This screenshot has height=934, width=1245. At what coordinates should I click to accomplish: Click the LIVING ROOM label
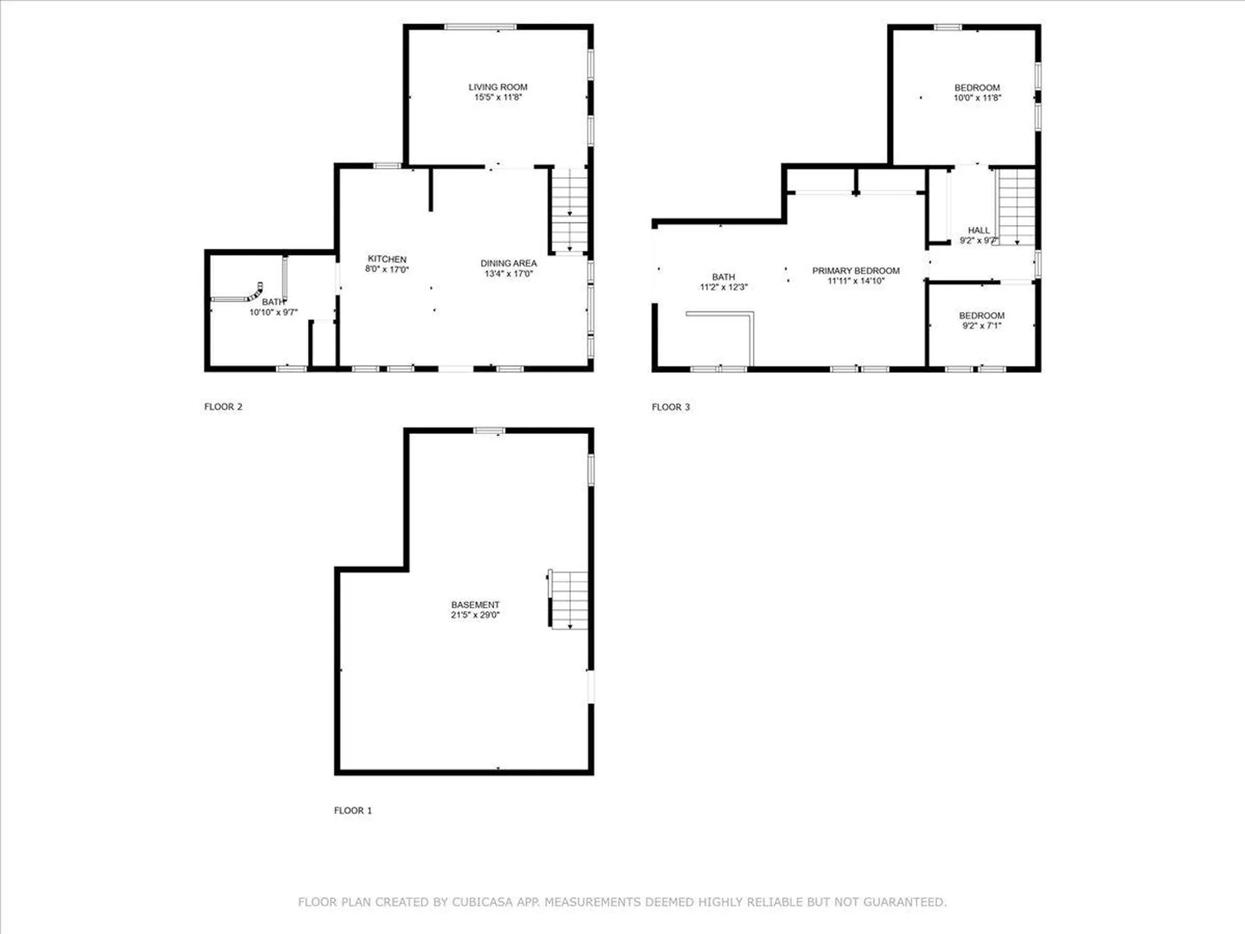(x=498, y=87)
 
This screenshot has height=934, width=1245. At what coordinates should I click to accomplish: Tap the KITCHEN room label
(x=387, y=259)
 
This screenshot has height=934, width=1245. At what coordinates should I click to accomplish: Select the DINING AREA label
(x=508, y=263)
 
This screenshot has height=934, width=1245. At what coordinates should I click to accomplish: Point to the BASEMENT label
(x=475, y=605)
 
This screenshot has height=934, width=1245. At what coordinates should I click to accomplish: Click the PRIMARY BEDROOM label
(x=856, y=270)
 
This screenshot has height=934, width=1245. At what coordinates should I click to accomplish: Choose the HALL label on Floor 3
(x=978, y=230)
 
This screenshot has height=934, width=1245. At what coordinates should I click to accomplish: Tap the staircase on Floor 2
(x=569, y=210)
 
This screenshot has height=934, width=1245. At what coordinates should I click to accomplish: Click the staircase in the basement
(x=569, y=600)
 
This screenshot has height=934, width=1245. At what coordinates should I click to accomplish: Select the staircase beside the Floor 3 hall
(x=1016, y=206)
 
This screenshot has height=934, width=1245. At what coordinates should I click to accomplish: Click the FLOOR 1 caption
(x=353, y=810)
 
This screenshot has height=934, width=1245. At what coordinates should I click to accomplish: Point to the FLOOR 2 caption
(x=223, y=407)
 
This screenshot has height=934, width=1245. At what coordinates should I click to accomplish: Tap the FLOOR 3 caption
(x=670, y=407)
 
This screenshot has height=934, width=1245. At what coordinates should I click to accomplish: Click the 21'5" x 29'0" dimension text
(x=475, y=615)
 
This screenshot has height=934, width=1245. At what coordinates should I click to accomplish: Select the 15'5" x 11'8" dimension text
(x=498, y=97)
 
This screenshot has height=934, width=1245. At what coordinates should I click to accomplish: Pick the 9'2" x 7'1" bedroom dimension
(x=982, y=326)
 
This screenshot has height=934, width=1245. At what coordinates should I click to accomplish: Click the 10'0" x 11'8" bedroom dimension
(x=977, y=98)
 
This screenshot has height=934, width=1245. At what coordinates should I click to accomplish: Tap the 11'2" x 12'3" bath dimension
(x=724, y=287)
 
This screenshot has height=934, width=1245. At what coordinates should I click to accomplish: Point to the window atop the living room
(x=480, y=27)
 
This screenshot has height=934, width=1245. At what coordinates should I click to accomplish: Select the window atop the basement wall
(x=489, y=430)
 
